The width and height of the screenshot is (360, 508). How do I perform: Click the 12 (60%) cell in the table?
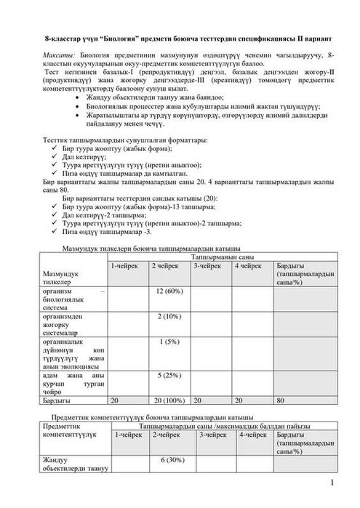(169, 291)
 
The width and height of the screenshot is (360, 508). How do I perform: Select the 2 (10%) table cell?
(169, 317)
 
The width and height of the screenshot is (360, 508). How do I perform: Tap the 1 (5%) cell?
(169, 341)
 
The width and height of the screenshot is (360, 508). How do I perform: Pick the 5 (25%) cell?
(169, 374)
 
